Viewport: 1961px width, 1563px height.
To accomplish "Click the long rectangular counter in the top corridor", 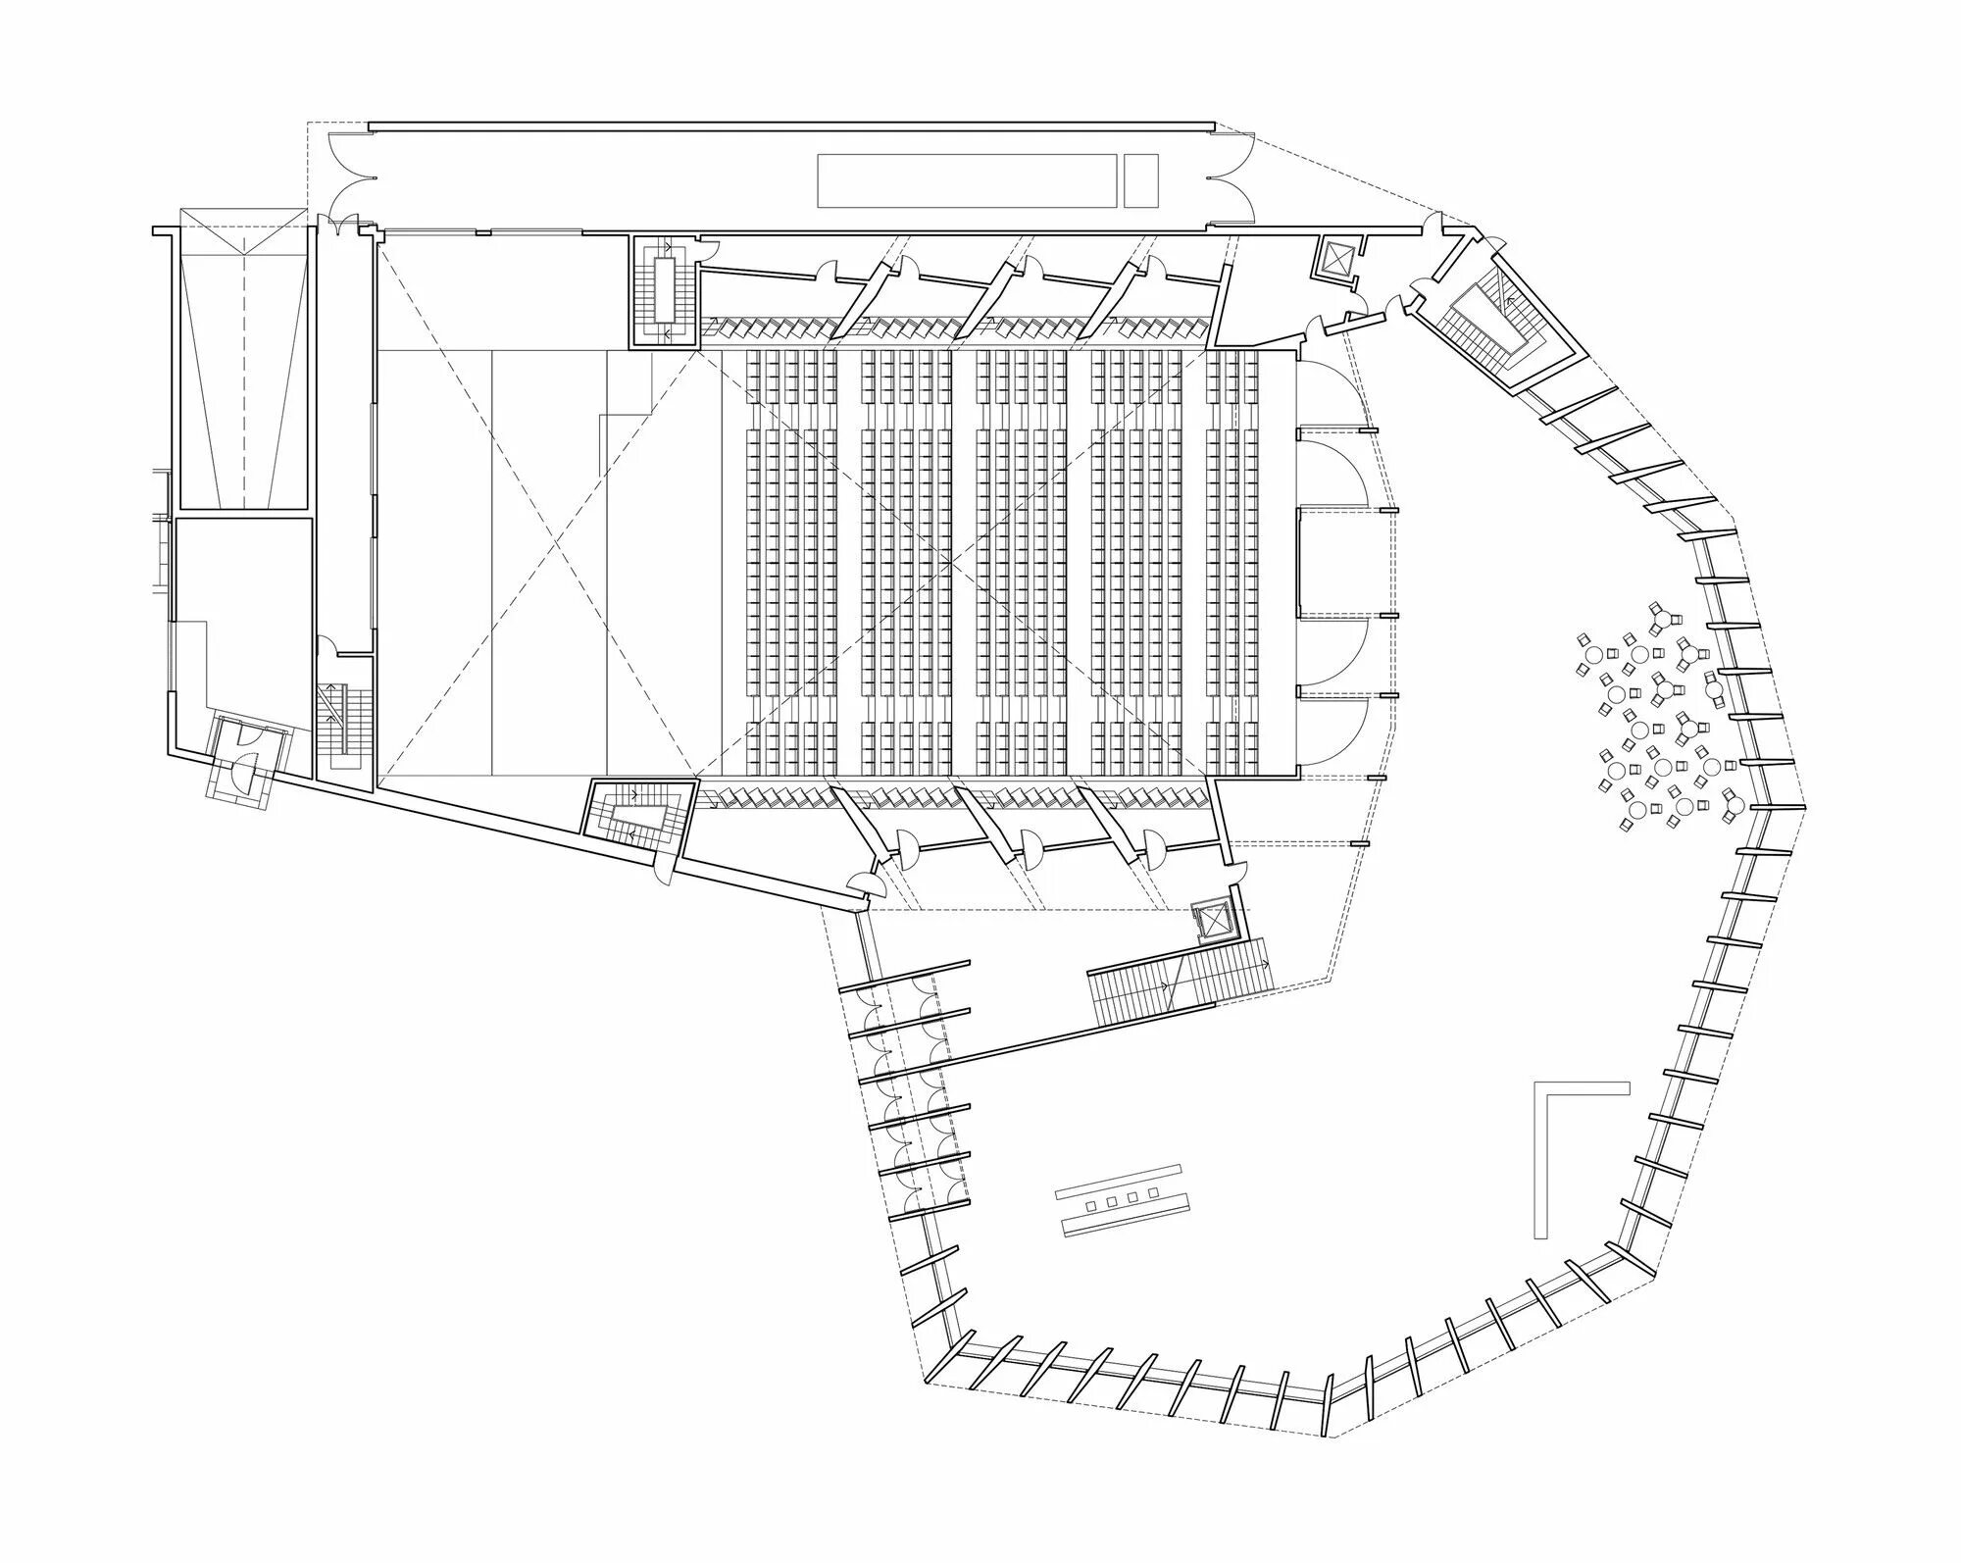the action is pos(968,179).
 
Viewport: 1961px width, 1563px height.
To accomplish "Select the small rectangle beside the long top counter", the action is pos(1140,179).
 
